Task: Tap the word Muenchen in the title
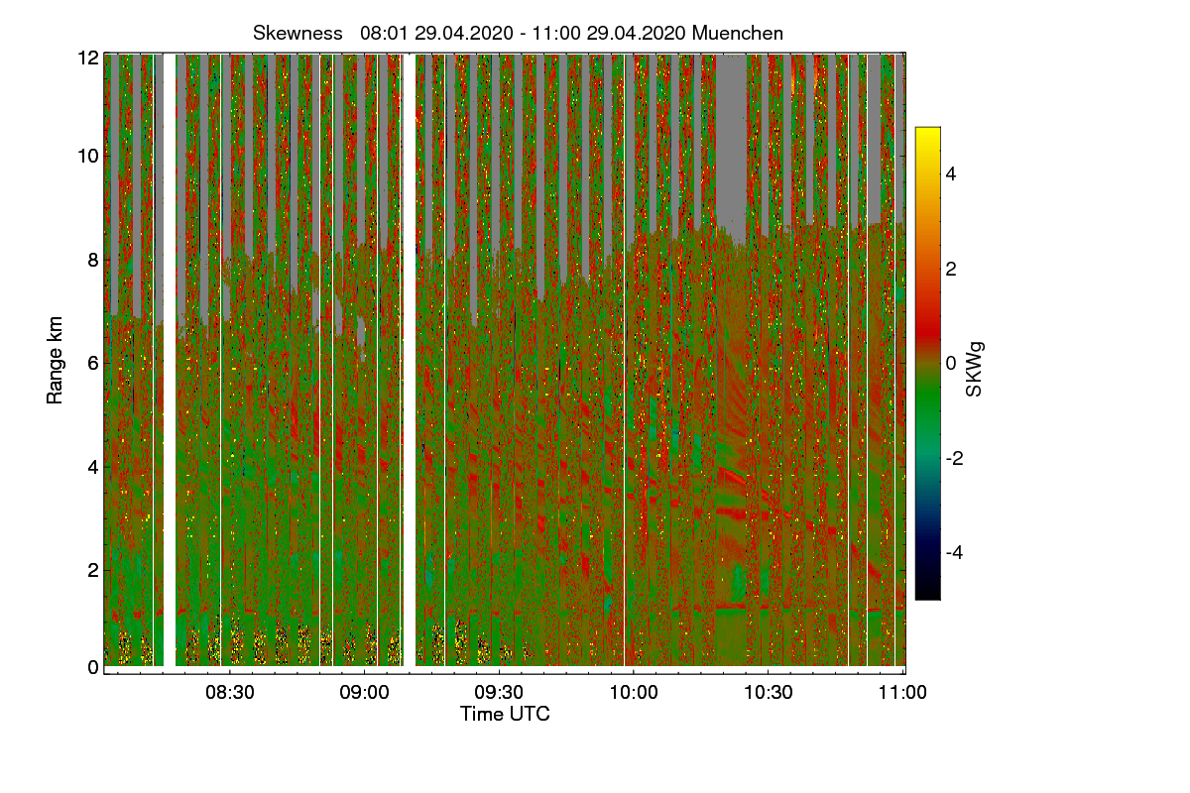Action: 738,33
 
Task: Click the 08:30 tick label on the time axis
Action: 229,693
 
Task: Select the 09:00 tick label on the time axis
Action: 364,693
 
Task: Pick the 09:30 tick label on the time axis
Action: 499,693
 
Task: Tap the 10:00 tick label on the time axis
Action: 634,693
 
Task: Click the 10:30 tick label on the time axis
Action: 769,693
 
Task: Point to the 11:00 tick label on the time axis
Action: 902,693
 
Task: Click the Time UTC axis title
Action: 505,714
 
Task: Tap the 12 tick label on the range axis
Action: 88,57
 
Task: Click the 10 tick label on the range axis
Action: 88,156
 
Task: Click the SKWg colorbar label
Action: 975,369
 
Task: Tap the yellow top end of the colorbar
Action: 927,133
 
